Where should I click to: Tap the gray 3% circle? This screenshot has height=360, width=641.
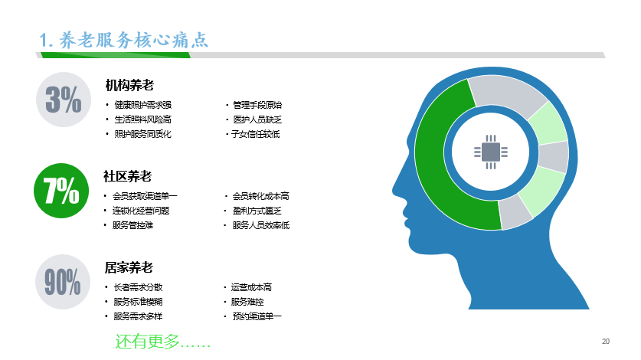tap(62, 100)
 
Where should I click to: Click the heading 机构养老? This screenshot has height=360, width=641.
tap(129, 84)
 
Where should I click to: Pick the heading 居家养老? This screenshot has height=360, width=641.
tap(129, 267)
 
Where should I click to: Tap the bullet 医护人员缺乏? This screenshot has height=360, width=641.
tap(258, 119)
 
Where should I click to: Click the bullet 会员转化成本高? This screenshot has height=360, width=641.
tap(265, 196)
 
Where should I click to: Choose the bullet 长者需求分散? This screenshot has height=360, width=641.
tap(138, 287)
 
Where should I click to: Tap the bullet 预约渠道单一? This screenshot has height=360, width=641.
tap(257, 316)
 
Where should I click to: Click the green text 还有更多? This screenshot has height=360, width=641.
tap(162, 341)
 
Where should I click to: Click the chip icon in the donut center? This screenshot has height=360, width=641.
tap(490, 152)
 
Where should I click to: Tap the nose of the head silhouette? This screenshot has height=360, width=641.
tap(395, 188)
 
